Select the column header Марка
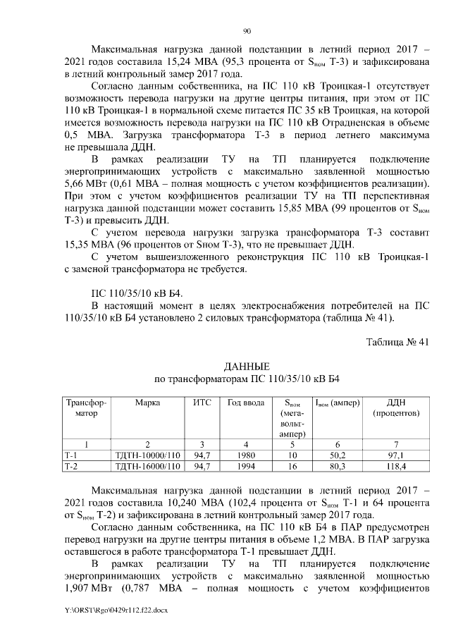[x=148, y=403]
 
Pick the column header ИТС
[x=202, y=403]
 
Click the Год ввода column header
[x=246, y=403]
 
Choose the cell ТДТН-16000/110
[x=148, y=467]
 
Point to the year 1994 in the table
[x=246, y=467]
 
